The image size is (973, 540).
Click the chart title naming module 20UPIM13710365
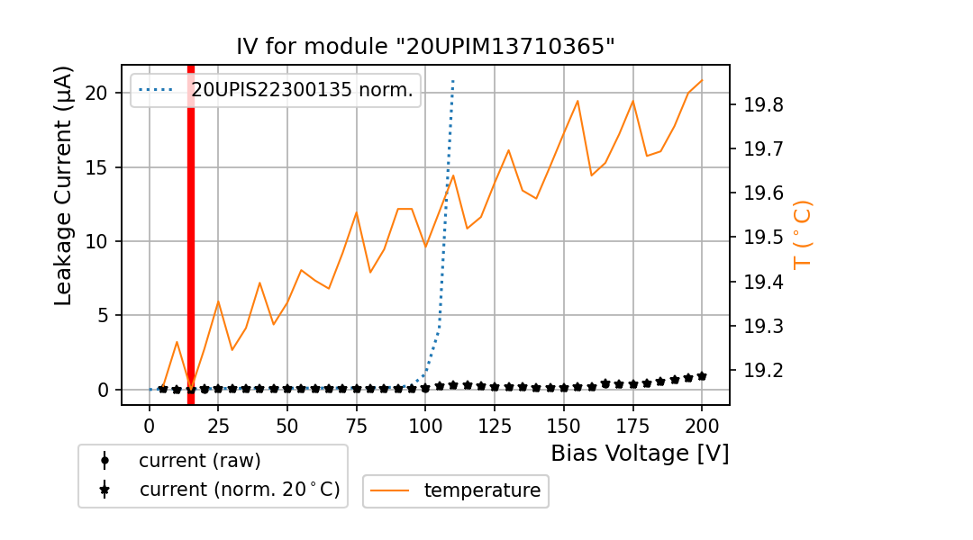tap(425, 47)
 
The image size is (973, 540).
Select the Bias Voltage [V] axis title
tap(640, 454)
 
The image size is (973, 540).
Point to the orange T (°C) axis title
tap(802, 234)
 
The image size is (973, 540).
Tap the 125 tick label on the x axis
tap(481, 425)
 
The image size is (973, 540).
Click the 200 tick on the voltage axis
tap(702, 425)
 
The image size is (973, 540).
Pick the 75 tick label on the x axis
tap(357, 425)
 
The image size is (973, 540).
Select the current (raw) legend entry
tap(199, 461)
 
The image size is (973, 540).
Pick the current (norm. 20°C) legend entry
tap(239, 490)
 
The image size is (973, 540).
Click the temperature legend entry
tap(482, 490)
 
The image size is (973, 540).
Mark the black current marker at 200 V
tap(702, 376)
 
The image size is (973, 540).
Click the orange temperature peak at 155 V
tap(577, 101)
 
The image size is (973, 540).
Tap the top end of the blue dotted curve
tap(453, 81)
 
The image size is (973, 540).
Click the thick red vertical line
tap(191, 234)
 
